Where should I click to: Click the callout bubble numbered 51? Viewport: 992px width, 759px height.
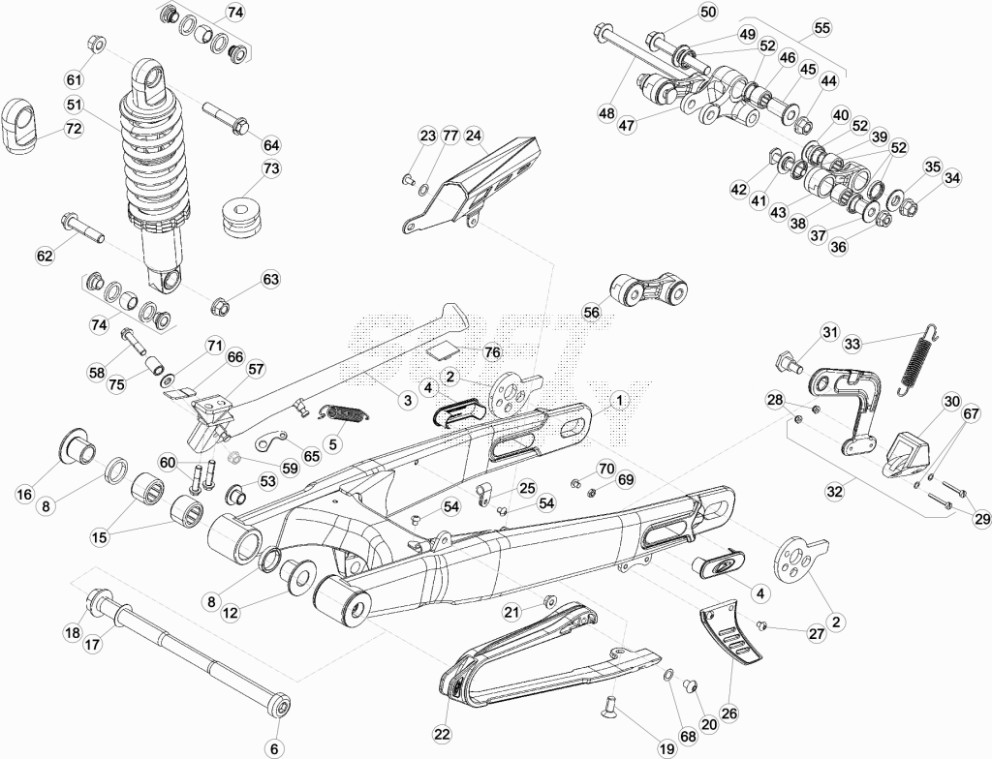tap(74, 104)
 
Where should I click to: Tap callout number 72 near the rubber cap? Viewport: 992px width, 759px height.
tap(74, 129)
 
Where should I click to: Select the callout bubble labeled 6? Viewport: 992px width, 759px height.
tap(274, 748)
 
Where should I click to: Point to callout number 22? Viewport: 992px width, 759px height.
tap(442, 734)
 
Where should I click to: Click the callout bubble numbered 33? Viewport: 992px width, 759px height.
tap(852, 344)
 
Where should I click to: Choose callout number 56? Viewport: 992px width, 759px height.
tap(592, 313)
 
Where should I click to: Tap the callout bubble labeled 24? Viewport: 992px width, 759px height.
tap(474, 136)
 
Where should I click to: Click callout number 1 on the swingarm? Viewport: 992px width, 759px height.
tap(620, 401)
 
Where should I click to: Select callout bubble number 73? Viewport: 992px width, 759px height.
tap(271, 168)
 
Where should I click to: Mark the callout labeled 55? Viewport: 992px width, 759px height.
tap(821, 28)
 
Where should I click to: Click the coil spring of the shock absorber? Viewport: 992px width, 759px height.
tap(155, 158)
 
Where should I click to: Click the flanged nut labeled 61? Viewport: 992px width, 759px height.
tap(96, 46)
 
